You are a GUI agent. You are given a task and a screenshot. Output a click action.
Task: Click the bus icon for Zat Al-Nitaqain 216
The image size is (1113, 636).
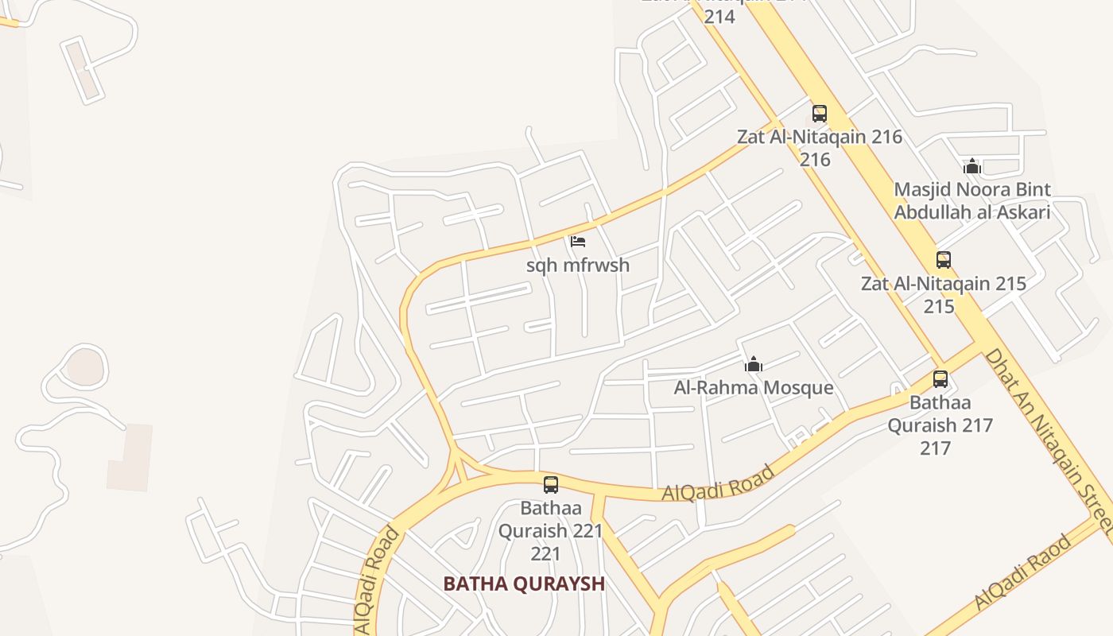point(820,113)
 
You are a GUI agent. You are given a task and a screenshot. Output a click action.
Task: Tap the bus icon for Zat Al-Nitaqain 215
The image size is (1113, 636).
point(943,259)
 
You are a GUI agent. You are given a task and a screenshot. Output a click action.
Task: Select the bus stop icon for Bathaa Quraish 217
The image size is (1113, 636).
point(940,378)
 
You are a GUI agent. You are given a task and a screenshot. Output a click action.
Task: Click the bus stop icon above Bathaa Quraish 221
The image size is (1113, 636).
point(550,484)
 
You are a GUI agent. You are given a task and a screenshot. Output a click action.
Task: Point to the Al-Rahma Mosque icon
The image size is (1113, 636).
point(753,365)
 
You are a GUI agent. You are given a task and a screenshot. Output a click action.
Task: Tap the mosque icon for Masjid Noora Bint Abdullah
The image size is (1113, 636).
point(971,166)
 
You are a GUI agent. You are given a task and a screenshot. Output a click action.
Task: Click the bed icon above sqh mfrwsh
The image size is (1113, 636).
point(578,241)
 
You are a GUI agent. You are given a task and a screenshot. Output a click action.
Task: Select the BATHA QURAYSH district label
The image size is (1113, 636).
point(524,584)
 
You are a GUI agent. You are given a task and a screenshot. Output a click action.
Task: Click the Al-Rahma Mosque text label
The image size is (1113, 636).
point(754,388)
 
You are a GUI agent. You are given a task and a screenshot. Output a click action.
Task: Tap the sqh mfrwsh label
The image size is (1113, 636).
point(578,266)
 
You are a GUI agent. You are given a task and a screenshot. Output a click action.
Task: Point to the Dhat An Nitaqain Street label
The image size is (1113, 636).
point(1048,441)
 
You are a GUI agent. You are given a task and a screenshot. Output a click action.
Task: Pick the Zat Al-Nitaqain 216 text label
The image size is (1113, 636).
point(820,137)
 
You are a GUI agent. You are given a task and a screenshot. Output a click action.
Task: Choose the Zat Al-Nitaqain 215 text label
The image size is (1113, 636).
point(943,284)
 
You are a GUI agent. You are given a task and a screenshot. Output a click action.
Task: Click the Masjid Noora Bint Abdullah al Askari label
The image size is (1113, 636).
point(971,200)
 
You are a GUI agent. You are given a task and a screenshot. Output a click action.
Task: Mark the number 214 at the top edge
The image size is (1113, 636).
point(719,16)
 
